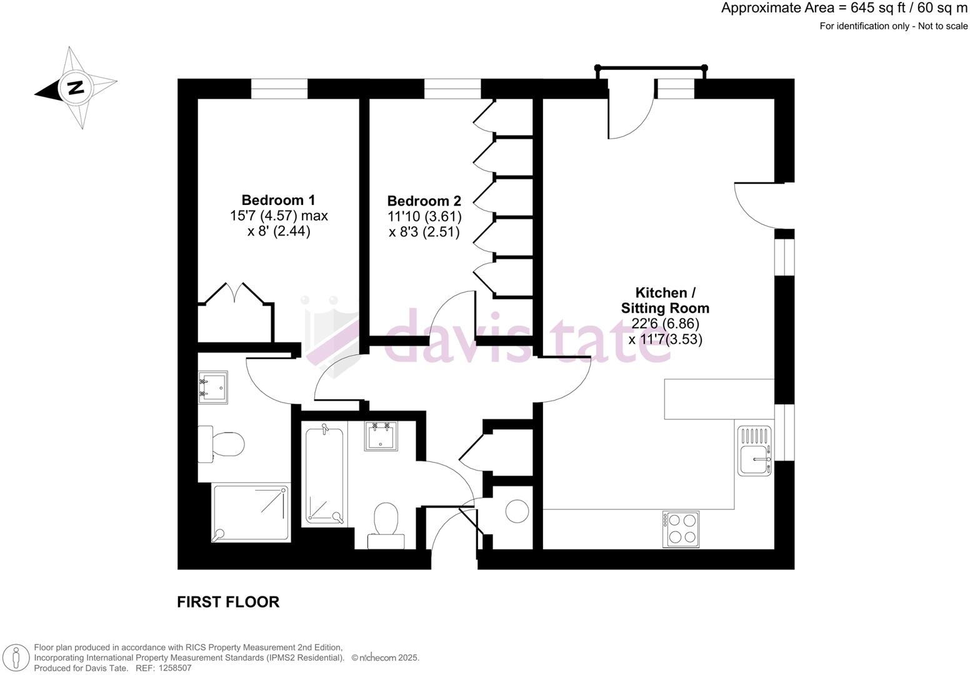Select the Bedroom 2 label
point(424,201)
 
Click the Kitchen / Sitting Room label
point(665,300)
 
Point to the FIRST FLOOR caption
point(228,602)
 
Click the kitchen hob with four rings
point(681,528)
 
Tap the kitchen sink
point(754,450)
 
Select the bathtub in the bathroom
point(325,473)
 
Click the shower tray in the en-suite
point(251,512)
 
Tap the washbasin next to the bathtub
point(381,436)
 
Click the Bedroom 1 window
point(279,89)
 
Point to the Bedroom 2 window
point(452,89)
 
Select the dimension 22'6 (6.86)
point(666,324)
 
